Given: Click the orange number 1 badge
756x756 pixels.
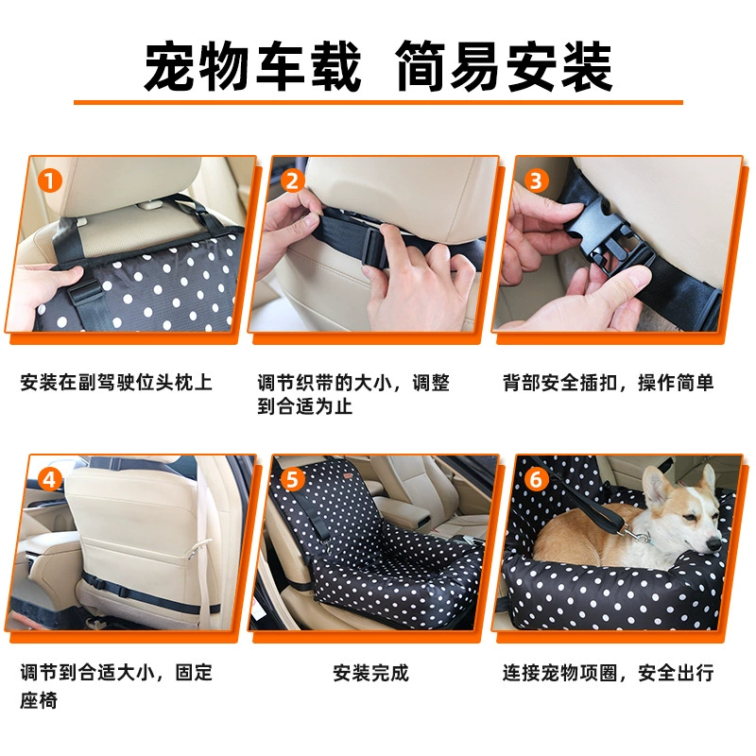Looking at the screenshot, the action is coord(50,181).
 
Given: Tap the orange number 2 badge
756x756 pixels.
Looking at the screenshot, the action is coord(293,181).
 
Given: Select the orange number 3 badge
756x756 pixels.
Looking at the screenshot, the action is coord(536,181).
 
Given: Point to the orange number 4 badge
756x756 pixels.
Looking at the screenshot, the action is coord(50,480).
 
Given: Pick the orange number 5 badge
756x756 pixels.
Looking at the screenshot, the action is coord(293,480).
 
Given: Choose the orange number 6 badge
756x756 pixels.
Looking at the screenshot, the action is coord(536,480).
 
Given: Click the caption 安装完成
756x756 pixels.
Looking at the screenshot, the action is coord(370,673).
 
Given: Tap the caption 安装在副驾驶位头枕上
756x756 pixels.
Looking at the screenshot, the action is coord(116,383).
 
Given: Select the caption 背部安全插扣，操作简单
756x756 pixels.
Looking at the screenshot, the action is coord(608,383).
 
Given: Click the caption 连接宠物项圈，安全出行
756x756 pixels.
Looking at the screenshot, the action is coord(608,673).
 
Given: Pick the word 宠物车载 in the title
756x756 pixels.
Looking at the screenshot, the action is coord(252,66).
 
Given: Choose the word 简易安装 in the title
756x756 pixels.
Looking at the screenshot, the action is coord(504,66).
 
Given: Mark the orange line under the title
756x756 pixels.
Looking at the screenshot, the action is coord(378,102).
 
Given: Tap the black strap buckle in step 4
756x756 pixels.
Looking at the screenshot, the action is coord(99,583).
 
